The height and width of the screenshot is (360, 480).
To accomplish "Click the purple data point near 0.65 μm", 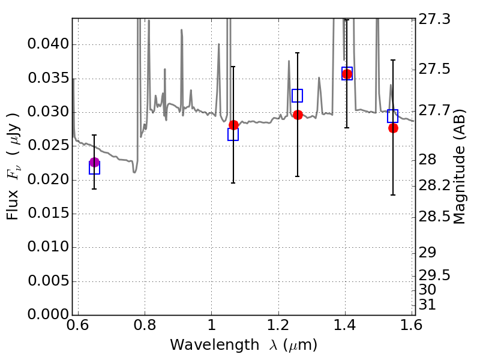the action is [95, 162].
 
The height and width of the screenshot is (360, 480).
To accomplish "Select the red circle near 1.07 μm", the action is [233, 125].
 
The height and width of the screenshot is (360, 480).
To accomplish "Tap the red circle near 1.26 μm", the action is [298, 115].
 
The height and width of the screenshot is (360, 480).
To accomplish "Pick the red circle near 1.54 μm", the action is [394, 128].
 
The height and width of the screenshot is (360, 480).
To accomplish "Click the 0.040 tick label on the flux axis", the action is [49, 44].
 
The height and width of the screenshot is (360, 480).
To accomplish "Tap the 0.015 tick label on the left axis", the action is [49, 213].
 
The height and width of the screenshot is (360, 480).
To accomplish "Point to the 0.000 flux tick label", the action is [49, 314].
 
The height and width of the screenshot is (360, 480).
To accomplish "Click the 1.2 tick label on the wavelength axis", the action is [278, 325].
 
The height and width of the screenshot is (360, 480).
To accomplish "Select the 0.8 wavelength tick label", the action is [145, 325].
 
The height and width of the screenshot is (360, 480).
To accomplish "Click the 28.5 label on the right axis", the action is [434, 217].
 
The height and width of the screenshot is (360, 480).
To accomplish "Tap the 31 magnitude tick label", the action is [427, 305].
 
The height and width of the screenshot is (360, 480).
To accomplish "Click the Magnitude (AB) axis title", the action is [458, 167].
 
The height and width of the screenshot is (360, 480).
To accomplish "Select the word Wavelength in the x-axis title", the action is [215, 344].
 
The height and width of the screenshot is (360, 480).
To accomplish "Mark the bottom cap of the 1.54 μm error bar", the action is [393, 194].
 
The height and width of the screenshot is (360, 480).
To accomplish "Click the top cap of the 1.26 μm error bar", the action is [297, 53].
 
